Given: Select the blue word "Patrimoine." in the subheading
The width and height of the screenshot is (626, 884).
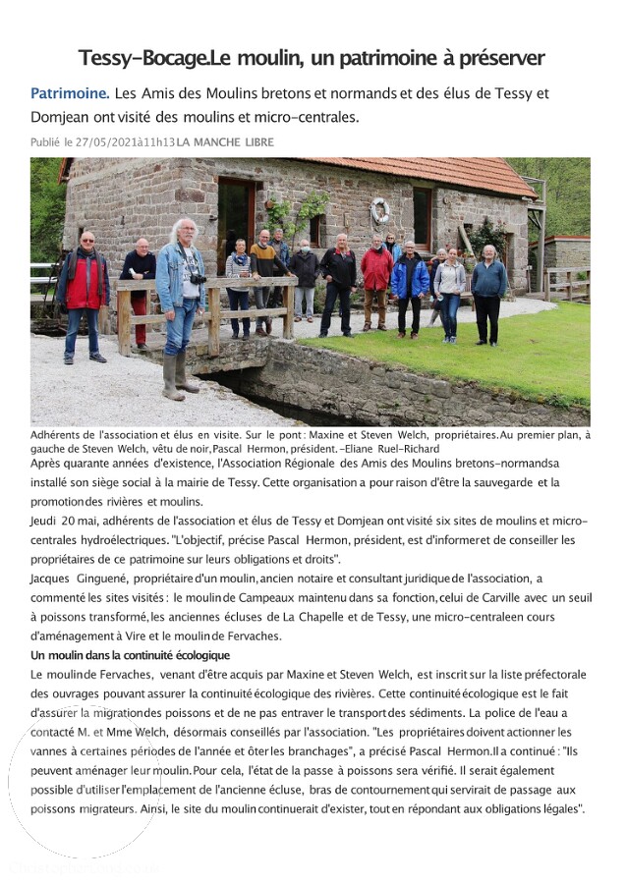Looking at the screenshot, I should coord(70,93).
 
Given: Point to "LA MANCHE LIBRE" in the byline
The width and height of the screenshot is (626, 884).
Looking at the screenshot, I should coord(225,142).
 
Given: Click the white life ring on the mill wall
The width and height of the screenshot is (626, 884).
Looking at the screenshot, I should coord(380,210).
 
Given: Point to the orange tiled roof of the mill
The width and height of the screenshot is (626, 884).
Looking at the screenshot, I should coord(432,175).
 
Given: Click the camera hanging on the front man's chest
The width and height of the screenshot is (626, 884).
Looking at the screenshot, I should coord(198,278).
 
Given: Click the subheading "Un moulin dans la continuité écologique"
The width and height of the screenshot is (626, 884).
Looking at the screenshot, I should coord(130,655).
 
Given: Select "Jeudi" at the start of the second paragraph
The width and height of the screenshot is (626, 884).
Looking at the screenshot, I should coord(44,520).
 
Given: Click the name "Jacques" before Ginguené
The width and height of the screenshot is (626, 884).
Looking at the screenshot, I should coord(50,579).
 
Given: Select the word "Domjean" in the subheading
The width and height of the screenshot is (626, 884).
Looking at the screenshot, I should coord(66,117).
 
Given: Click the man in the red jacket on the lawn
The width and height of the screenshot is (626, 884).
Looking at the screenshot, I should coord(376,285).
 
